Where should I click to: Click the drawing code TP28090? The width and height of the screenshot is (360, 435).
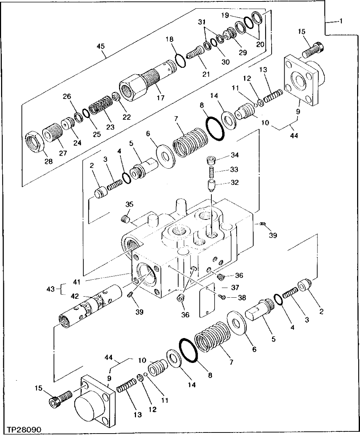[24, 430]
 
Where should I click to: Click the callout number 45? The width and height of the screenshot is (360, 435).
[102, 46]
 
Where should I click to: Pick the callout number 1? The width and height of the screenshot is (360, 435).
[340, 22]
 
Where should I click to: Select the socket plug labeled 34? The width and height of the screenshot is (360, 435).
[211, 160]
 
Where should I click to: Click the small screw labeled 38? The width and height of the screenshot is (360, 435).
[223, 297]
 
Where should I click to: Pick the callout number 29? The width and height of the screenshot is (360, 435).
[242, 53]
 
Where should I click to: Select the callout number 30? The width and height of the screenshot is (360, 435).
[225, 62]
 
